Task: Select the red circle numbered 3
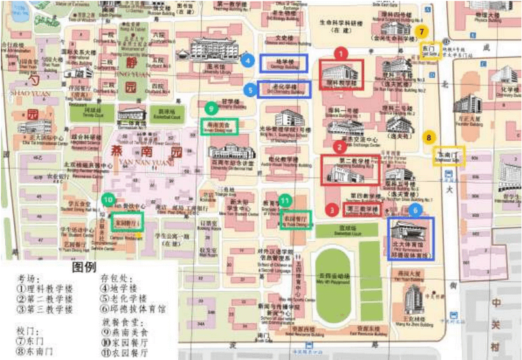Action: pyautogui.click(x=333, y=209)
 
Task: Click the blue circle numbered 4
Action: pyautogui.click(x=247, y=61)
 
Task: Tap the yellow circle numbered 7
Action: pyautogui.click(x=423, y=31)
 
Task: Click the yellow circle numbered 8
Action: pyautogui.click(x=429, y=138)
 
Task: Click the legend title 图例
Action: pyautogui.click(x=83, y=267)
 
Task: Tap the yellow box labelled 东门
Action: pyautogui.click(x=429, y=51)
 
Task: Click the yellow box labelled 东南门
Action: pyautogui.click(x=448, y=155)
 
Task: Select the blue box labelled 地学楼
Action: pyautogui.click(x=284, y=63)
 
